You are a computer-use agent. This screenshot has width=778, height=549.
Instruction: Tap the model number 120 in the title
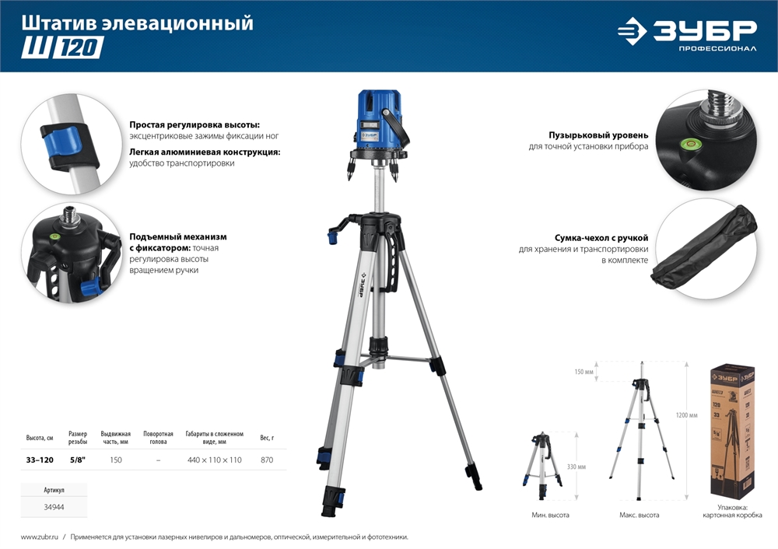tap(77, 48)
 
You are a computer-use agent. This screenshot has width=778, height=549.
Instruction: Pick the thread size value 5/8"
tap(78, 460)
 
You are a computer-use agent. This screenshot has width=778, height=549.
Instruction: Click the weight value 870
tap(267, 460)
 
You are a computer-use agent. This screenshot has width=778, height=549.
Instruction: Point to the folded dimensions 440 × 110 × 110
tap(214, 460)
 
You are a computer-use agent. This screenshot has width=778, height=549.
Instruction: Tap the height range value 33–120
tap(40, 460)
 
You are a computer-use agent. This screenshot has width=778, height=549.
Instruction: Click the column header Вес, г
tap(267, 438)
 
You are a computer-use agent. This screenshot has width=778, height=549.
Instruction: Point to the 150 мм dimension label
tap(583, 372)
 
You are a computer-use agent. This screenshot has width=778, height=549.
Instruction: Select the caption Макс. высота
tap(639, 516)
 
